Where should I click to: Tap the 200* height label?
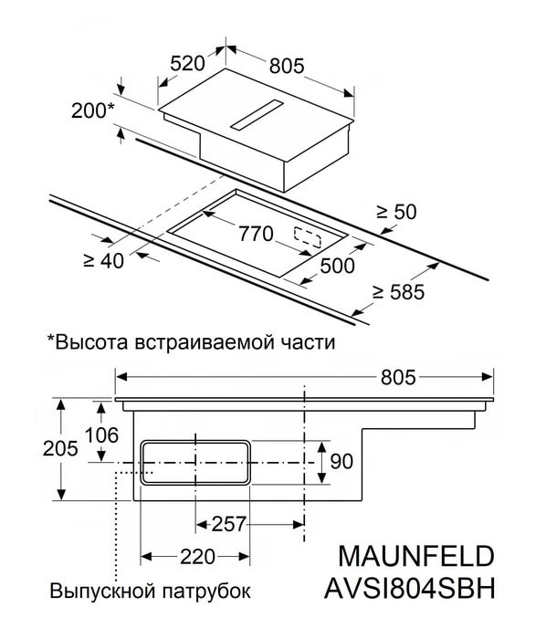92,111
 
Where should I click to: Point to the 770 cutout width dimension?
256,234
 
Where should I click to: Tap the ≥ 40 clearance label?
103,260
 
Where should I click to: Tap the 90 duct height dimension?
341,462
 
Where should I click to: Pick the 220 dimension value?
195,556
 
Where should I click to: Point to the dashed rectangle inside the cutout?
311,233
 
